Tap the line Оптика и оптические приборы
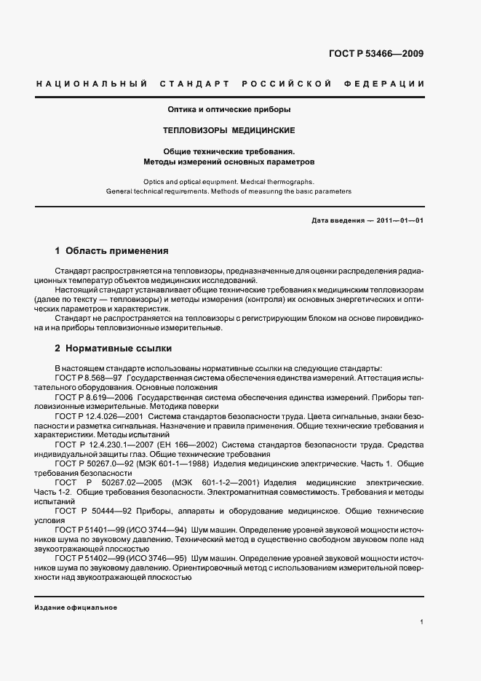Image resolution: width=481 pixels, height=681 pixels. click(x=230, y=110)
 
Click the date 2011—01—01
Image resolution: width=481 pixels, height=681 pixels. click(x=399, y=220)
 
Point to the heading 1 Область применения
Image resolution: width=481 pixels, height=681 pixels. click(x=112, y=251)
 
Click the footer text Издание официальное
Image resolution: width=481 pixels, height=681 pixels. click(x=76, y=608)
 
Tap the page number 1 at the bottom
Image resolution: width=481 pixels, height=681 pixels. click(x=422, y=623)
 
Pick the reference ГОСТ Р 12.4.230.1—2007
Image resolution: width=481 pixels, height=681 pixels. click(x=103, y=443)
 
